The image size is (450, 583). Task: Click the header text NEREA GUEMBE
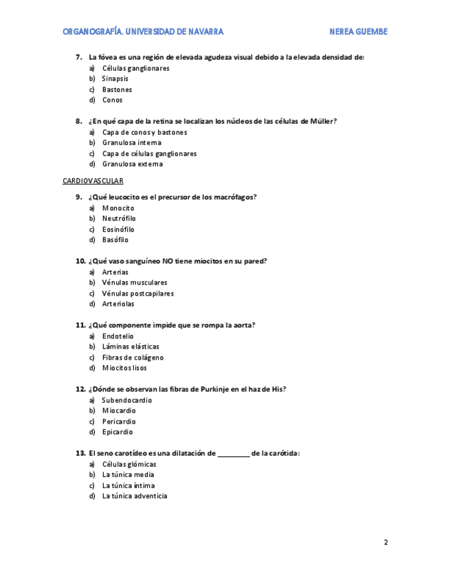pyautogui.click(x=358, y=32)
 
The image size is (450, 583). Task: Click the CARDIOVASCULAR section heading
pyautogui.click(x=93, y=181)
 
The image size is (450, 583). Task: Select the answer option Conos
pyautogui.click(x=112, y=100)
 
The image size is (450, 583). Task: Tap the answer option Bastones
pyautogui.click(x=117, y=89)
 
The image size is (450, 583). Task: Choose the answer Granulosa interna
pyautogui.click(x=132, y=143)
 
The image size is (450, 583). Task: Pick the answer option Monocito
pyautogui.click(x=118, y=208)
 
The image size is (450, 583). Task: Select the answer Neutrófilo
pyautogui.click(x=119, y=219)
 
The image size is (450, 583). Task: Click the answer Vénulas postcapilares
pyautogui.click(x=138, y=294)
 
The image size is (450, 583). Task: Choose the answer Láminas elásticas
pyautogui.click(x=131, y=346)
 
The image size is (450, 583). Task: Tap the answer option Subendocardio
pyautogui.click(x=127, y=400)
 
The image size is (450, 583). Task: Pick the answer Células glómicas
pyautogui.click(x=129, y=464)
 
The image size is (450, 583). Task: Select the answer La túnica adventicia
pyautogui.click(x=135, y=496)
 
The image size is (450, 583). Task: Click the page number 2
pyautogui.click(x=386, y=542)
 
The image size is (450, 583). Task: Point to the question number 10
pyautogui.click(x=80, y=261)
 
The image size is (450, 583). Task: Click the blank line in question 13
pyautogui.click(x=234, y=454)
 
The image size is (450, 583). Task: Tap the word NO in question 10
pyautogui.click(x=167, y=261)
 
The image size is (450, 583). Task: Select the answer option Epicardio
pyautogui.click(x=117, y=432)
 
